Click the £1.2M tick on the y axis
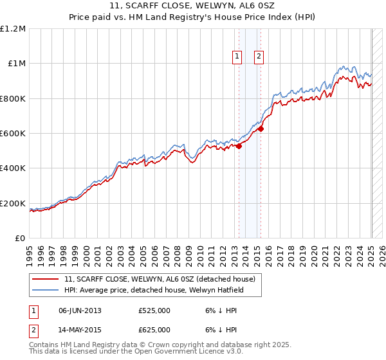point(13,28)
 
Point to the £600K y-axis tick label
point(13,134)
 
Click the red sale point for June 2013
point(238,146)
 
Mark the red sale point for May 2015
point(261,129)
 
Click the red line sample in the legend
point(46,279)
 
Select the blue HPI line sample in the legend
point(46,290)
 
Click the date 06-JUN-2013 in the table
point(80,311)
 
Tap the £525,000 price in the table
point(154,311)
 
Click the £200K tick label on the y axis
point(13,204)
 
